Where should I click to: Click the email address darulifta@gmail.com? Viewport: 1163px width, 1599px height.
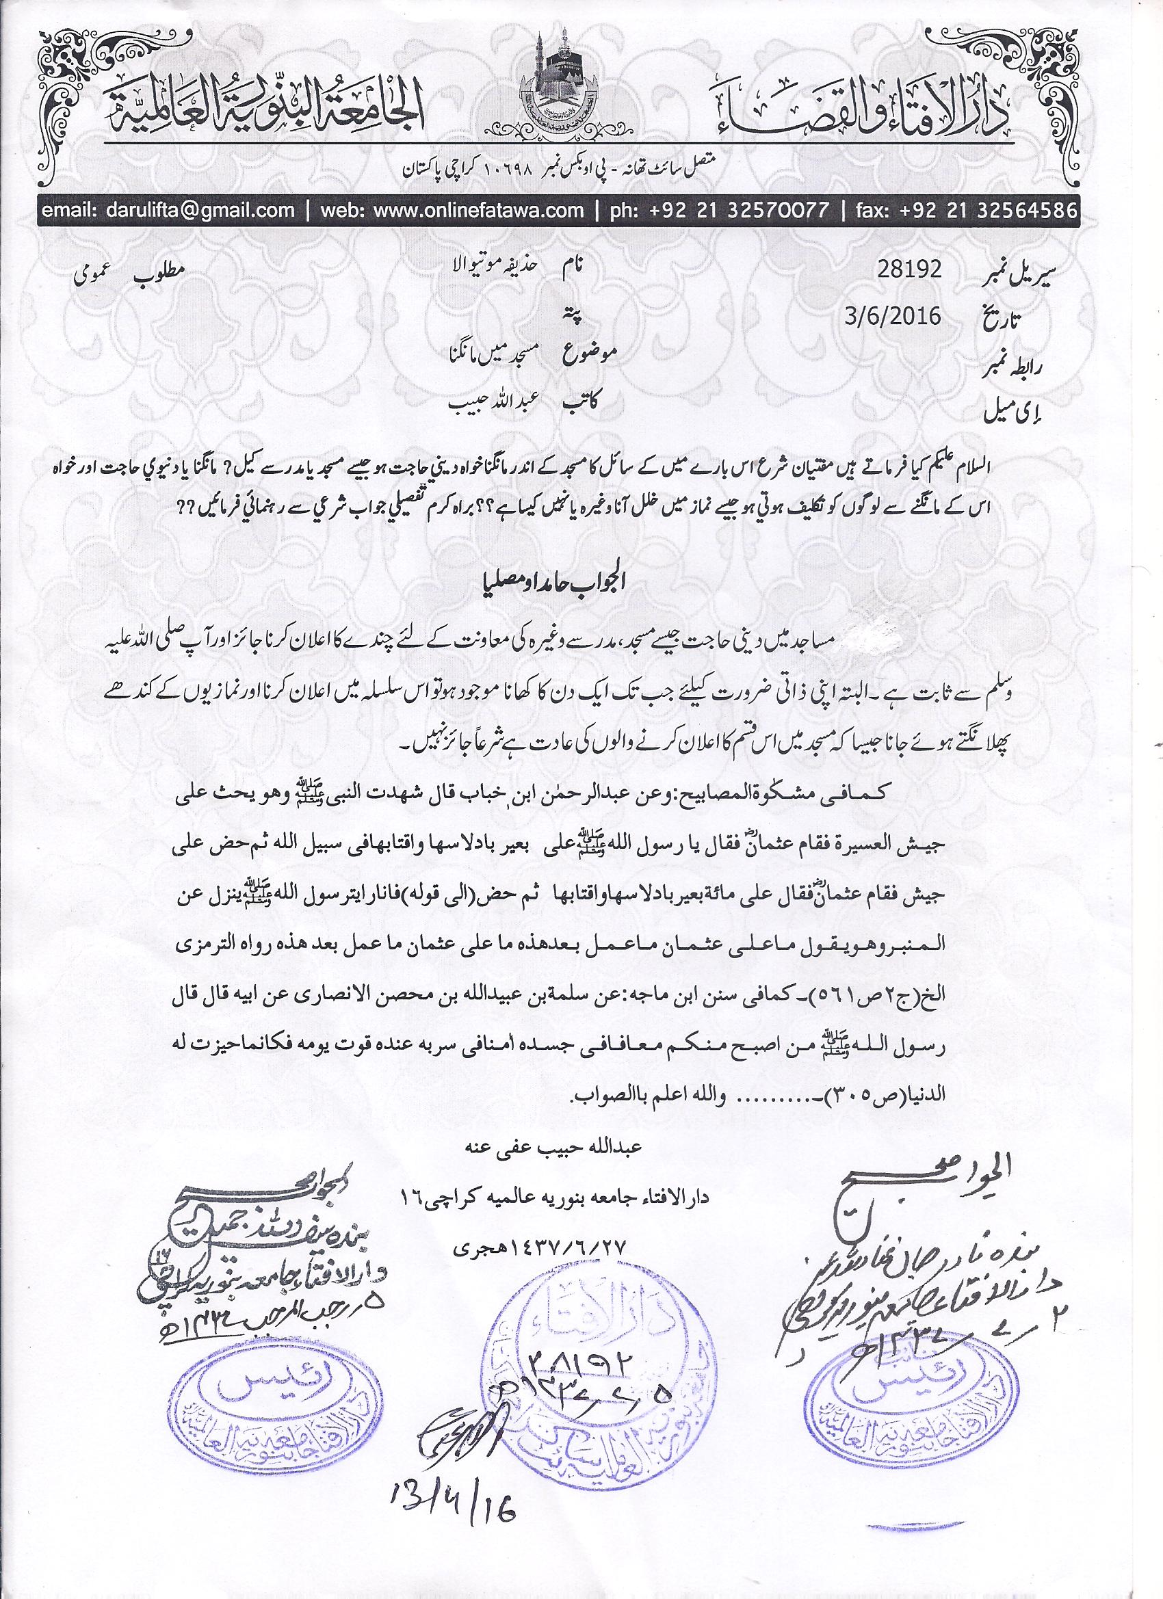[x=168, y=210]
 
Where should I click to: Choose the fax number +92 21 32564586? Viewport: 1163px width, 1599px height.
[x=986, y=210]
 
